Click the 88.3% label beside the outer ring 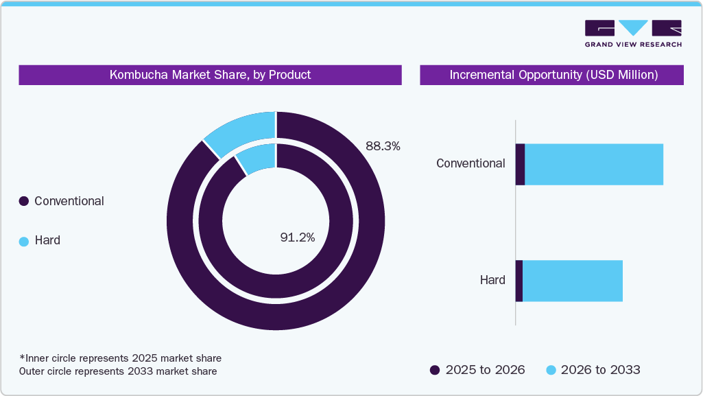tap(383, 146)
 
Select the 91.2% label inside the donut tap(298, 237)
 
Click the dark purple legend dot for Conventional tap(23, 202)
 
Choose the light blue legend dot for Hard tap(23, 241)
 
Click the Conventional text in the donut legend tap(69, 201)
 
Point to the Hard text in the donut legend tap(47, 240)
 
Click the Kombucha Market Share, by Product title tap(210, 75)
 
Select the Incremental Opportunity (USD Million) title tap(553, 75)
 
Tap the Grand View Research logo tap(633, 34)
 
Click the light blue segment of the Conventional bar tap(593, 165)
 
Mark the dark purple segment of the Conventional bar tap(520, 165)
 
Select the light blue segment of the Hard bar tap(572, 281)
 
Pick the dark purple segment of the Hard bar tap(519, 281)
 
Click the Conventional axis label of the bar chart tap(470, 164)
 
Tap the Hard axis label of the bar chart tap(492, 280)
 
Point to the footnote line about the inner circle tap(121, 358)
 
